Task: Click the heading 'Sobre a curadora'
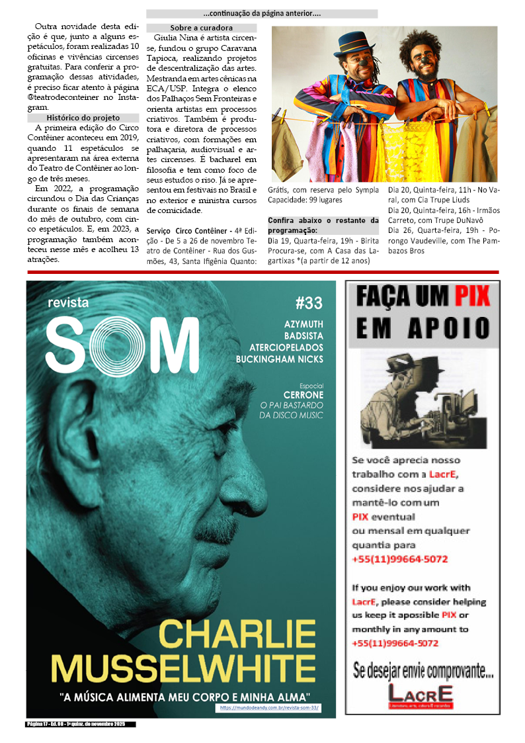[x=201, y=28]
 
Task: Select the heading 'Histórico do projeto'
[x=83, y=118]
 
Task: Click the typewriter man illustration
[x=421, y=399]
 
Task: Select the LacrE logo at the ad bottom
[x=421, y=696]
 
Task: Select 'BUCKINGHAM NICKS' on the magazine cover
[x=279, y=359]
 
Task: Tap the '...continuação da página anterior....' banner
[x=262, y=13]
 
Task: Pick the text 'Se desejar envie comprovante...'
[x=423, y=672]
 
